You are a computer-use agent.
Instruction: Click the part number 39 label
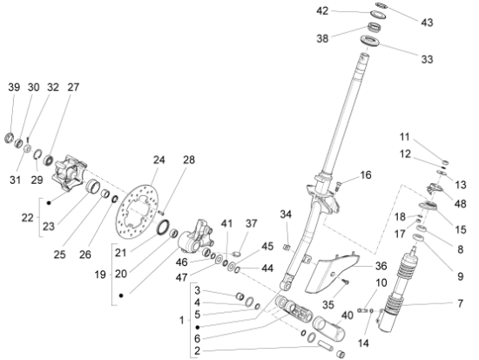pos(14,87)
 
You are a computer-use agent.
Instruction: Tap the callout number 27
pos(73,87)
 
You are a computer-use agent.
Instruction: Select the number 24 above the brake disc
pos(159,160)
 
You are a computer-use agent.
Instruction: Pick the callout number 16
pos(366,175)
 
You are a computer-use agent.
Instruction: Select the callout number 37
pos(252,223)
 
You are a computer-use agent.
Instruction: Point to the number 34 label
pos(284,214)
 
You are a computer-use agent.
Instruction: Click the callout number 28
pos(188,160)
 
